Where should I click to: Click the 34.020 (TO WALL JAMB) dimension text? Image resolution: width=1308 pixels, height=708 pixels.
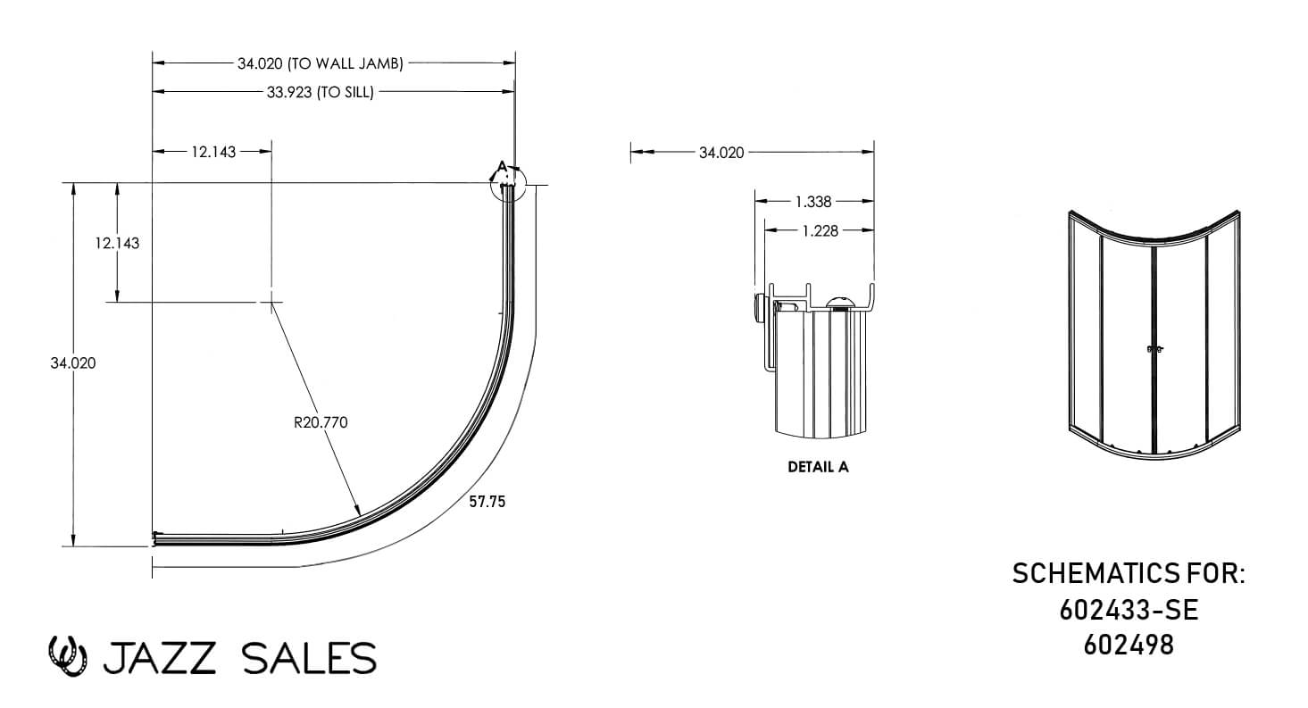click(320, 63)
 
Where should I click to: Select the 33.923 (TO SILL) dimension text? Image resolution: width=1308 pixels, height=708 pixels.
click(320, 92)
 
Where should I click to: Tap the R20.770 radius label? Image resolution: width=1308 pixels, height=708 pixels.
click(321, 422)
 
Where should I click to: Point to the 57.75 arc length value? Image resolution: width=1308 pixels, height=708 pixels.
click(487, 502)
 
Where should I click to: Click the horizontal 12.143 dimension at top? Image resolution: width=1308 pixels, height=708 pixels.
click(213, 152)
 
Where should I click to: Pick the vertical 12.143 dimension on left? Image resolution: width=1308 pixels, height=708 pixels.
click(117, 243)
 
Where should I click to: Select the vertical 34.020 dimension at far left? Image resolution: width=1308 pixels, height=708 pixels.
click(73, 363)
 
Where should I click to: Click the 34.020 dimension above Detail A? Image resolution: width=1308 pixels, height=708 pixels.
click(721, 153)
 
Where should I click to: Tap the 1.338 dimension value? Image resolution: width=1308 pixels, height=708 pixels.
click(813, 202)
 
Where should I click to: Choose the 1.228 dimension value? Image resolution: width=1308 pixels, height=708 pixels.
click(821, 231)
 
